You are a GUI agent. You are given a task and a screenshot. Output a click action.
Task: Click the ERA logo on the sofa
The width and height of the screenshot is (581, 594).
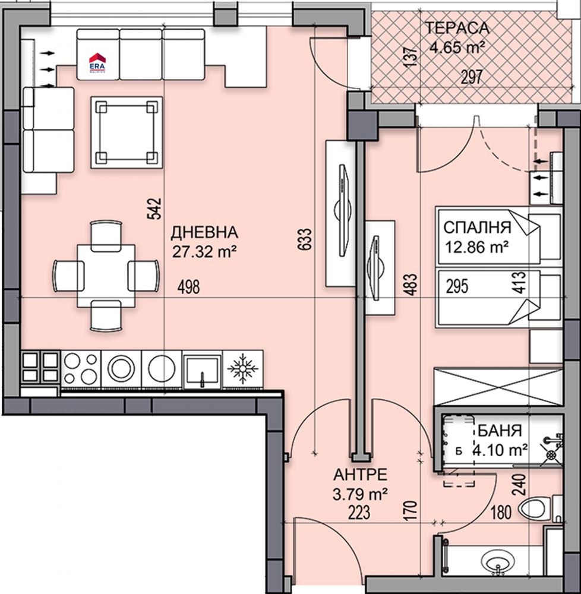96,62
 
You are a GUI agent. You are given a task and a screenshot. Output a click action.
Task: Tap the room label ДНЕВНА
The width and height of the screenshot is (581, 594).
204,232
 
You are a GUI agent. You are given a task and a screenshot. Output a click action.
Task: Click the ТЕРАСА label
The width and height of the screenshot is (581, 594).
457,27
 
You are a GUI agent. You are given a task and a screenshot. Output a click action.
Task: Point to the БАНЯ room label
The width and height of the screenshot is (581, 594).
500,431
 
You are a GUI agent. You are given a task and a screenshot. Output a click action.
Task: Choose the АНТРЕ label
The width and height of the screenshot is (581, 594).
360,475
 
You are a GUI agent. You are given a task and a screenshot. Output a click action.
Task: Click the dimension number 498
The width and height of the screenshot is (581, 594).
188,287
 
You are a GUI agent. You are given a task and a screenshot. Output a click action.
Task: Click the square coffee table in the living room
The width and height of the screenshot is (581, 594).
127,132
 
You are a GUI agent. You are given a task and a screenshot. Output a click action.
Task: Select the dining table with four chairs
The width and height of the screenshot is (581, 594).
106,275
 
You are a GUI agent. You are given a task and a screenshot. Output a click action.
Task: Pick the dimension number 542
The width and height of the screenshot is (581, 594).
154,209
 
